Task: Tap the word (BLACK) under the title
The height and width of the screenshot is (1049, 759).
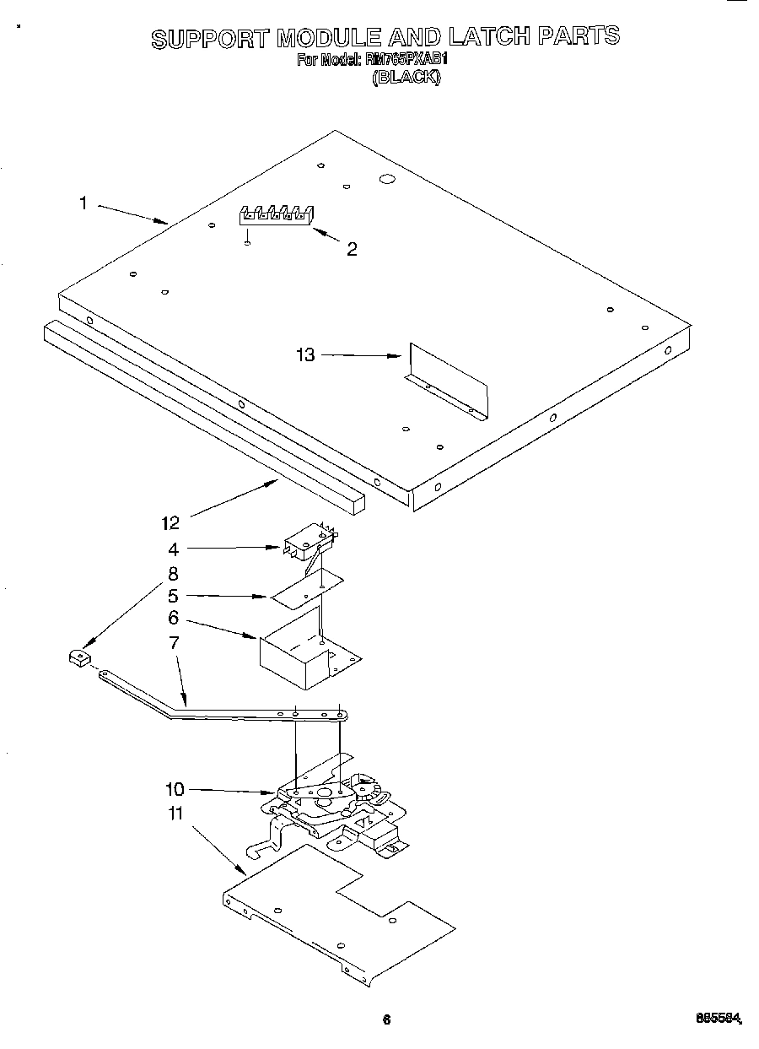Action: [x=406, y=77]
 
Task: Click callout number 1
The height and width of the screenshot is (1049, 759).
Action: [x=83, y=203]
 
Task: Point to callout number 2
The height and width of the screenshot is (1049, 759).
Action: [x=352, y=249]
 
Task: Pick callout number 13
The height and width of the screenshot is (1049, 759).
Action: [x=304, y=355]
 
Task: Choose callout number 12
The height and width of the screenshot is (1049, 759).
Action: [x=170, y=523]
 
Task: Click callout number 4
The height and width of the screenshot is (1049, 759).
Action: [x=173, y=549]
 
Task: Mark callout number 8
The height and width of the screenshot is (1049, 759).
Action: [x=173, y=574]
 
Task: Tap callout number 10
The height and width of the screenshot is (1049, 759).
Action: [x=175, y=790]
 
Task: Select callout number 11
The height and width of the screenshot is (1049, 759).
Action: [x=175, y=814]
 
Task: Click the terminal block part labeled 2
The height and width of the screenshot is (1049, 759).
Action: [x=275, y=215]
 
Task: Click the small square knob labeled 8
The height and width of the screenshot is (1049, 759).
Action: [x=78, y=656]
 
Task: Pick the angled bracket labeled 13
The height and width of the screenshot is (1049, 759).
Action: [x=447, y=380]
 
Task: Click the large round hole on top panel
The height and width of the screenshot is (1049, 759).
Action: [x=387, y=179]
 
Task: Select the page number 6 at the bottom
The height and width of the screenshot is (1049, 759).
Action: [x=386, y=1019]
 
